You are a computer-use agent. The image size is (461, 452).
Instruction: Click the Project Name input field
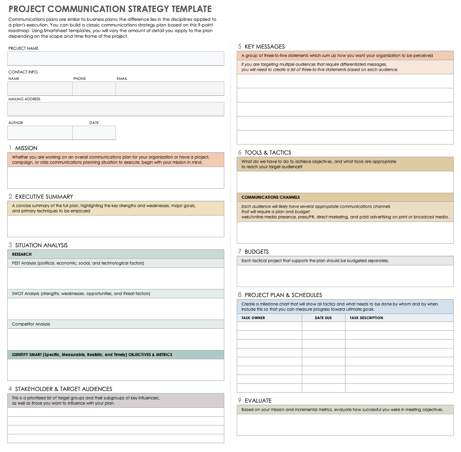116,58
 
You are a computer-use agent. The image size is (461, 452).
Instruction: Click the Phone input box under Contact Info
94,88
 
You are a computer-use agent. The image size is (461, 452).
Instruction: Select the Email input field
170,88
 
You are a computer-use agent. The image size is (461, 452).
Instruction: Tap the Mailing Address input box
116,109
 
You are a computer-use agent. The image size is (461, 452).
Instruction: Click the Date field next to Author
94,132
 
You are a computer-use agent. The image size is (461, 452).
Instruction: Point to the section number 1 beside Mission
10,148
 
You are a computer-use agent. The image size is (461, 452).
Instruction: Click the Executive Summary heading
44,197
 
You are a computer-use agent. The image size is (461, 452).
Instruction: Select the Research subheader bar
116,254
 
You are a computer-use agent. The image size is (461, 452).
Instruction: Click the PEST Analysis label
78,263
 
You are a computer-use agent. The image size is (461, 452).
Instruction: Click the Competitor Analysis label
31,324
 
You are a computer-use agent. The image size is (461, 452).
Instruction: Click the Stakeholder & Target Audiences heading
63,389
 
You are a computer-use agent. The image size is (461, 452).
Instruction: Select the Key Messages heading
264,47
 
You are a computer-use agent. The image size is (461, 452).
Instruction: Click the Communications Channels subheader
270,197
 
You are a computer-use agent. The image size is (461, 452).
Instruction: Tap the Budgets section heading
256,252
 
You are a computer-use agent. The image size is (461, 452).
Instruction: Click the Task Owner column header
253,318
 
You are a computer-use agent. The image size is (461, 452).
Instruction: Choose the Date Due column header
323,318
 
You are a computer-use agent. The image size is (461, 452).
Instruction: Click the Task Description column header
366,318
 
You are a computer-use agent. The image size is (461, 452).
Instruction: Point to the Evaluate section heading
258,401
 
